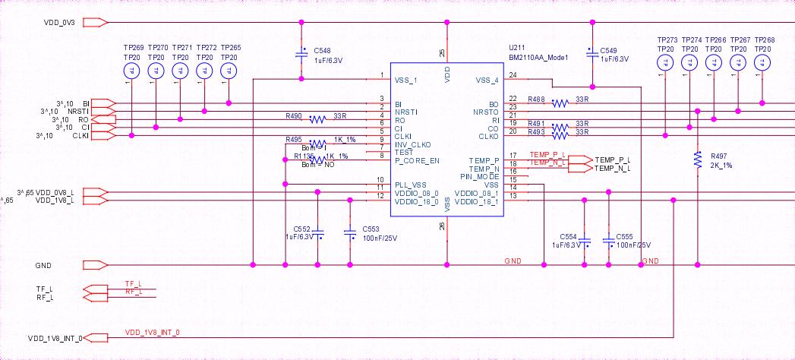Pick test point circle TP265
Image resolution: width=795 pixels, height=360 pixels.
228,71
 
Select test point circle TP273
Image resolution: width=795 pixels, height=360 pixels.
665,63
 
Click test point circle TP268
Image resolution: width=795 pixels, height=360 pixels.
762,63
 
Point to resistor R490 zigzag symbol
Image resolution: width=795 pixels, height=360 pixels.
317,118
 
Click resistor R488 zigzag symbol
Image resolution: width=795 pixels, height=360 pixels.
560,103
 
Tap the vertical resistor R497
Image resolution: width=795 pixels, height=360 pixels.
697,159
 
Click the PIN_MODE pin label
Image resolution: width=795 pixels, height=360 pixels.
479,176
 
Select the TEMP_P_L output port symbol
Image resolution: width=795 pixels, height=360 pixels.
578,159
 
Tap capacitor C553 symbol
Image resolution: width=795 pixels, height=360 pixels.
350,235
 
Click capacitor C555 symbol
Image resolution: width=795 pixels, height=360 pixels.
608,241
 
